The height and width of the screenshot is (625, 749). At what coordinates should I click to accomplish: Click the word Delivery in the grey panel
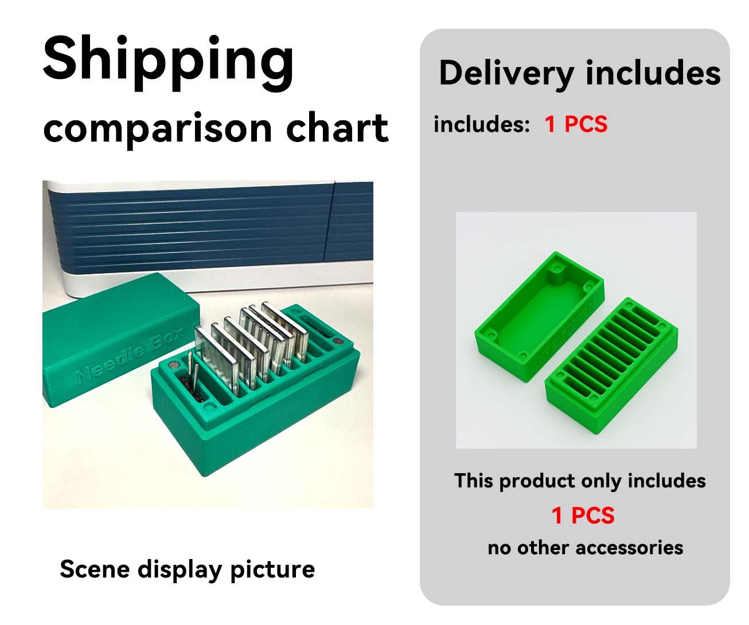click(x=506, y=74)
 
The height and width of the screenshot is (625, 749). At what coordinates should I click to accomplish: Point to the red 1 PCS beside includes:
click(x=576, y=124)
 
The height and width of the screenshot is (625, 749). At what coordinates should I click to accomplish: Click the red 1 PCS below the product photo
click(x=583, y=516)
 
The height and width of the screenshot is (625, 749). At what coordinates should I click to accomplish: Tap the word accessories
click(x=629, y=548)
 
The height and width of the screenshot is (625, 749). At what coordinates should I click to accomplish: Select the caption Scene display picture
click(x=187, y=569)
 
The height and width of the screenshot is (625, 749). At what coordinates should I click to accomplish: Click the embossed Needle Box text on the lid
click(x=129, y=358)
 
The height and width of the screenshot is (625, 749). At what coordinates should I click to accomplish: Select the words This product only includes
click(x=579, y=481)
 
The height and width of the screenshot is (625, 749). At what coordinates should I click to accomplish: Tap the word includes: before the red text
click(x=481, y=124)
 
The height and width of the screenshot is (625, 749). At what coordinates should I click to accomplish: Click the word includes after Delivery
click(x=653, y=74)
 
